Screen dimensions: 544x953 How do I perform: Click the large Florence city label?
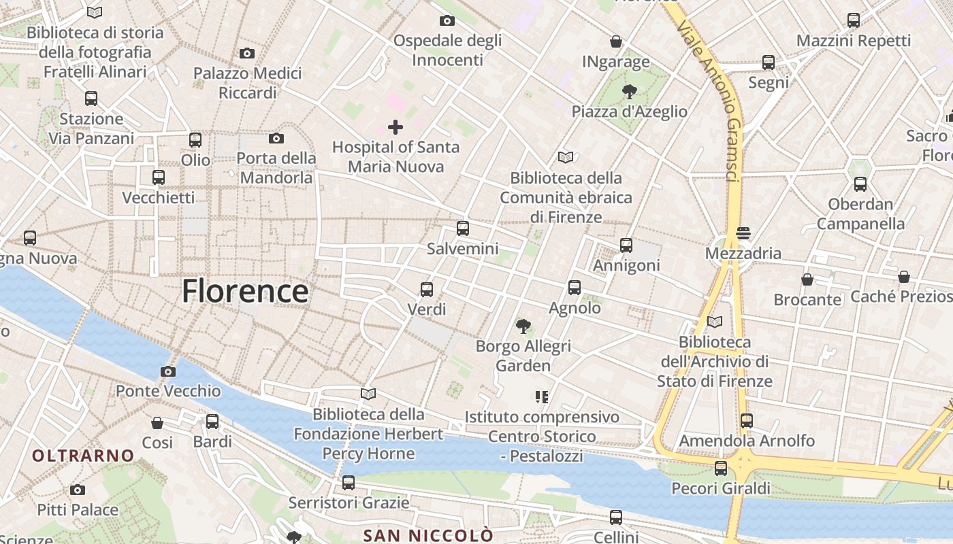[245, 291]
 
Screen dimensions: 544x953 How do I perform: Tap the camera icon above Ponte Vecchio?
[168, 371]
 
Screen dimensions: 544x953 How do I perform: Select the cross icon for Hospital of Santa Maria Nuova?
[395, 127]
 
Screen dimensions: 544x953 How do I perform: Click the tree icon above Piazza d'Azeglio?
[630, 91]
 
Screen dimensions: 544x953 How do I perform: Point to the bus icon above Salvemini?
[463, 228]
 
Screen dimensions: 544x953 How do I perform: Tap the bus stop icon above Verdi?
[427, 290]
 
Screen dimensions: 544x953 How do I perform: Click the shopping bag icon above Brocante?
[807, 279]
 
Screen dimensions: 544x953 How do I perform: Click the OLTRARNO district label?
[83, 456]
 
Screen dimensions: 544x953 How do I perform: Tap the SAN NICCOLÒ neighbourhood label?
[428, 535]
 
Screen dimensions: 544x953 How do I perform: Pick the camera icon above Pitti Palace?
[78, 490]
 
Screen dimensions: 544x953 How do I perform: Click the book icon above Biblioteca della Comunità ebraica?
[566, 158]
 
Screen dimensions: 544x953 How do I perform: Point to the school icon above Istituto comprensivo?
[542, 396]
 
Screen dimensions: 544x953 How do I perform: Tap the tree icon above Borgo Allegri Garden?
[523, 326]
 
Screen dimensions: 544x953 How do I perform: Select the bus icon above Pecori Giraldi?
[721, 469]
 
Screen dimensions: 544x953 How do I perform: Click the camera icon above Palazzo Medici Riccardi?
[247, 53]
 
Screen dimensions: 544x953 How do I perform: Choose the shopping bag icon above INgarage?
[616, 41]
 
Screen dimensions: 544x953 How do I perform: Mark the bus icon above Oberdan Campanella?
[860, 184]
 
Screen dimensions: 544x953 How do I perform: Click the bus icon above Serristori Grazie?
[349, 483]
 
